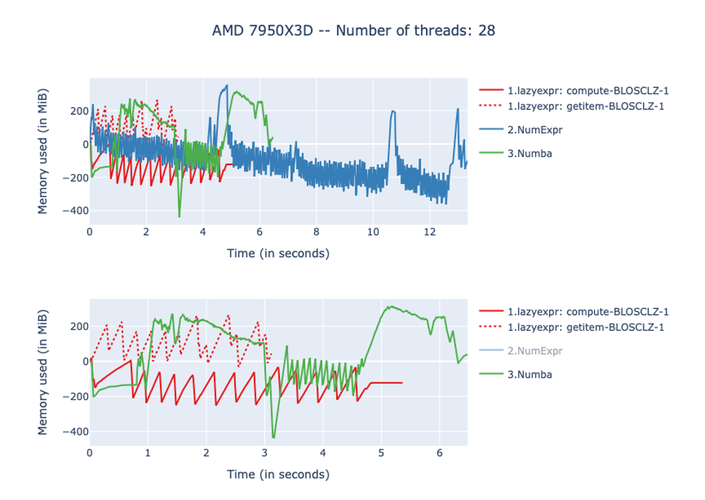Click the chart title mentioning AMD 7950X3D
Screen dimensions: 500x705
tap(353, 31)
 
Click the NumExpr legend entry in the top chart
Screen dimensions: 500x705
tap(535, 130)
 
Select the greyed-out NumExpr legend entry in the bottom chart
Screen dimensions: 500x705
tap(535, 351)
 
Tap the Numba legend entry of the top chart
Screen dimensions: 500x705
tap(530, 153)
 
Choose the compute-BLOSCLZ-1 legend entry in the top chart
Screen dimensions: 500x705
tap(588, 90)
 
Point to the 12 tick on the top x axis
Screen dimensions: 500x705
tap(430, 232)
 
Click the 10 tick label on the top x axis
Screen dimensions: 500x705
tap(373, 232)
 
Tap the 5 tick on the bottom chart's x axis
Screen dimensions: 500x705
tap(381, 453)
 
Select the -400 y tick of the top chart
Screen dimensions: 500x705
tap(75, 211)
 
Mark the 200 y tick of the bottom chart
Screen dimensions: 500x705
tap(79, 326)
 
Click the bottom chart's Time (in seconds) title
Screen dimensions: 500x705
tap(278, 474)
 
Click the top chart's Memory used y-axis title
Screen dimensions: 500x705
tap(43, 151)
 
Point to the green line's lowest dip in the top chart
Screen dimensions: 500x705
tap(179, 216)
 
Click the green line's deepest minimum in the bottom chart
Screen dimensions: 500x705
tap(273, 437)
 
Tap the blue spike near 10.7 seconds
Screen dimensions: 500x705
tap(392, 112)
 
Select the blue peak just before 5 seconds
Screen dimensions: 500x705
tap(226, 86)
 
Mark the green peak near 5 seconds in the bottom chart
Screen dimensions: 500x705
tap(389, 307)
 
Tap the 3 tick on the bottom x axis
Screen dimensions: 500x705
tap(265, 453)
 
